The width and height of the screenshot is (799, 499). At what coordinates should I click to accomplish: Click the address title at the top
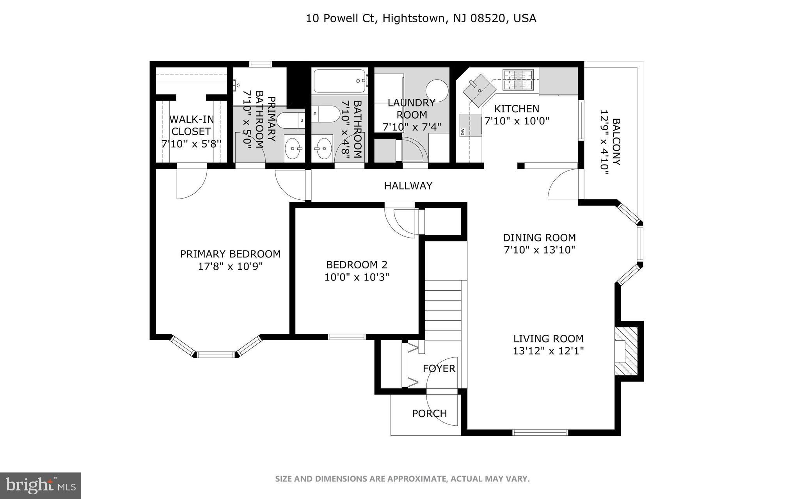click(x=421, y=18)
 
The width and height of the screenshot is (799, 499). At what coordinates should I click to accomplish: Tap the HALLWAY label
click(x=408, y=186)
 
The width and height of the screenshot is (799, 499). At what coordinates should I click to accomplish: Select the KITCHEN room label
click(x=517, y=109)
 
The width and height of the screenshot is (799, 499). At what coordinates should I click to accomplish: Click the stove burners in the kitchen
click(x=518, y=80)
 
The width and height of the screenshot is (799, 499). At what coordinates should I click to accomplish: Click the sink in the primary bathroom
click(x=293, y=148)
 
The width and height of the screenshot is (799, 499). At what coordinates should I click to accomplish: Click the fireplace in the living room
click(x=626, y=352)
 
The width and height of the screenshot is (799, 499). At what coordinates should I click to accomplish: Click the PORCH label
click(x=429, y=414)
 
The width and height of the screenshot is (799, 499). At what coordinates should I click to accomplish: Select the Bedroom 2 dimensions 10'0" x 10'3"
click(x=357, y=277)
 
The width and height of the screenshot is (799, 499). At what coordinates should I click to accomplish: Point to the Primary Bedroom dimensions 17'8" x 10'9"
click(x=230, y=266)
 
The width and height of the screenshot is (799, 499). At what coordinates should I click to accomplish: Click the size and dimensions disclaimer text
click(x=402, y=479)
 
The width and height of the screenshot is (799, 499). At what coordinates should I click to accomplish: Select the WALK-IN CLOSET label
click(x=191, y=125)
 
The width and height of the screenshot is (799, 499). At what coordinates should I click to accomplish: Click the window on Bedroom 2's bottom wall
click(x=347, y=337)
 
